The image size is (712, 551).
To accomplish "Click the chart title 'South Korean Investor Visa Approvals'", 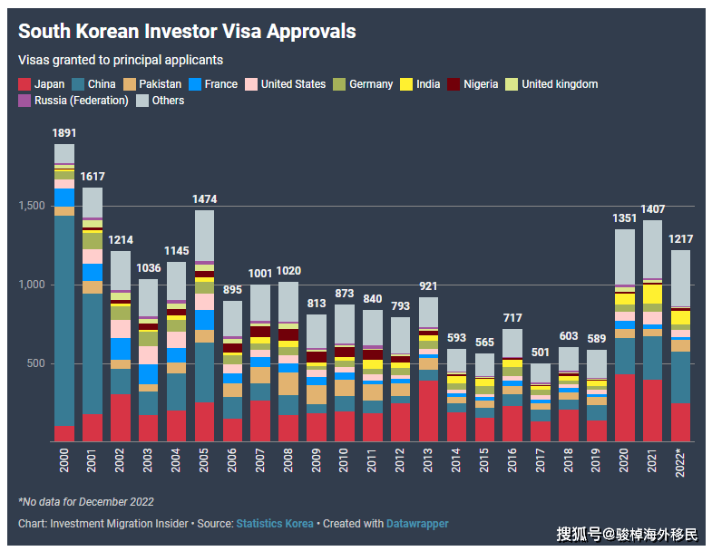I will pyautogui.click(x=187, y=32).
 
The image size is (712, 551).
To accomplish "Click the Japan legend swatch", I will pyautogui.click(x=24, y=84).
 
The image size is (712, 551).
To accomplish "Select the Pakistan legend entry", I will pyautogui.click(x=151, y=84).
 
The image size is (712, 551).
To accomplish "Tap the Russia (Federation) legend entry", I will pyautogui.click(x=73, y=101).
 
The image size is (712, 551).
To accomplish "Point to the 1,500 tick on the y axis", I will pyautogui.click(x=33, y=206).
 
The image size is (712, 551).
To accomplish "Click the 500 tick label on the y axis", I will pyautogui.click(x=36, y=363).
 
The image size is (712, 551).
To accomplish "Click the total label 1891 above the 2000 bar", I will pyautogui.click(x=64, y=132).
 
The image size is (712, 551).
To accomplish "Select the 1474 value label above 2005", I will pyautogui.click(x=204, y=198).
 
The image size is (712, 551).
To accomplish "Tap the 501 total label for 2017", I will pyautogui.click(x=541, y=352).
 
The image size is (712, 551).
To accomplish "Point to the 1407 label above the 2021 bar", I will pyautogui.click(x=652, y=208).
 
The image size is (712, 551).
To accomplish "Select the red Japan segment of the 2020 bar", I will pyautogui.click(x=624, y=408).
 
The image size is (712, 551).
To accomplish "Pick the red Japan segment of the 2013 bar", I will pyautogui.click(x=428, y=411).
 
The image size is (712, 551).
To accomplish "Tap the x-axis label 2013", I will pyautogui.click(x=428, y=463).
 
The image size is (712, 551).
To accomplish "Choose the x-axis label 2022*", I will pyautogui.click(x=680, y=465).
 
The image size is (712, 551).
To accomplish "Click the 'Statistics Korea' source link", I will pyautogui.click(x=275, y=524).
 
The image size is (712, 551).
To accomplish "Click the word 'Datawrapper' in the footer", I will pyautogui.click(x=417, y=524).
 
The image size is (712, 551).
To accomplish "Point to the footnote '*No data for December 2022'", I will pyautogui.click(x=86, y=502).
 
